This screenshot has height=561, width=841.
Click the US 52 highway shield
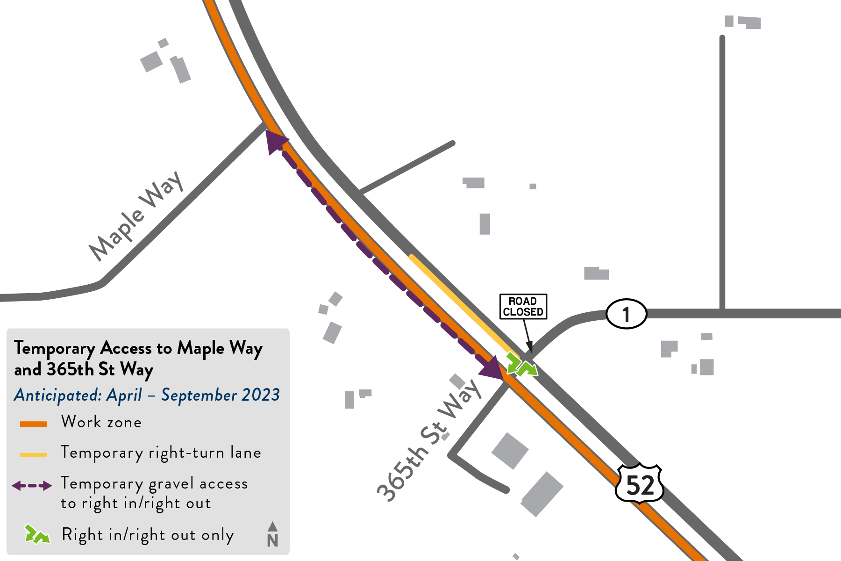[640, 484]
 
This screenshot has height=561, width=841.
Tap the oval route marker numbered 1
[626, 314]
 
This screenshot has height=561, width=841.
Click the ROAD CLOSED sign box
[523, 307]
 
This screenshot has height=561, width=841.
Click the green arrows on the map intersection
[521, 365]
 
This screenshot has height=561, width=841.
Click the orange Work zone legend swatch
[33, 424]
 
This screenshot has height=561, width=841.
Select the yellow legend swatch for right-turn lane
[33, 454]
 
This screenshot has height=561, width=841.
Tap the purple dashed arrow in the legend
[32, 486]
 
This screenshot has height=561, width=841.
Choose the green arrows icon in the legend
[37, 535]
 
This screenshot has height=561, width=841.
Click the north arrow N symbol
[273, 535]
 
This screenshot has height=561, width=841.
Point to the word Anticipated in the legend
[57, 396]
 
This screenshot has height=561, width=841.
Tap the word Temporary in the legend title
[55, 349]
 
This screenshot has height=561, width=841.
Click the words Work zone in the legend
[101, 422]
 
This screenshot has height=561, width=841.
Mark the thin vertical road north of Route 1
[722, 173]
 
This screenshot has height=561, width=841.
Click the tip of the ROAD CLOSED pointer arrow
[531, 352]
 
